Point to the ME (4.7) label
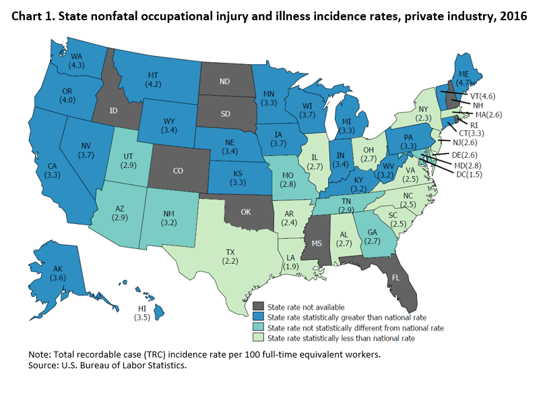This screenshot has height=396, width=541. pyautogui.click(x=483, y=79)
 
